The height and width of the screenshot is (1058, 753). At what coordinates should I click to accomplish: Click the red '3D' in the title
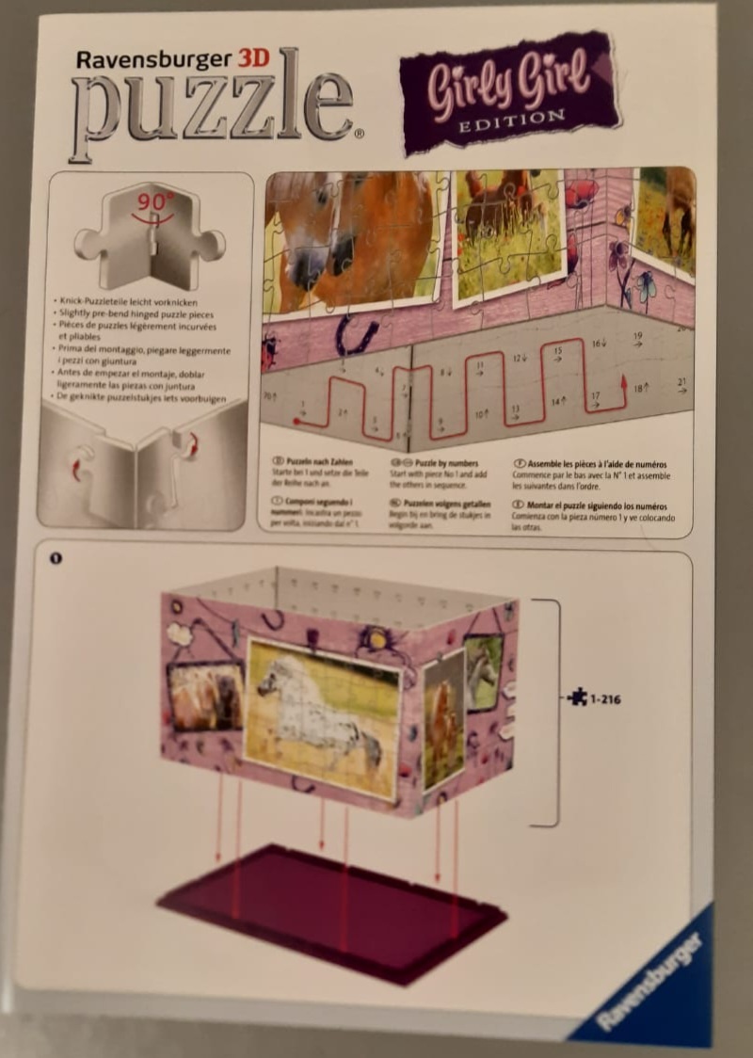click(252, 58)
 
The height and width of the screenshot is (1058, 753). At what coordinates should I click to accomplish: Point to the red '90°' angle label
click(151, 201)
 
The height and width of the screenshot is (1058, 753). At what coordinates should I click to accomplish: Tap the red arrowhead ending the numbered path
click(622, 380)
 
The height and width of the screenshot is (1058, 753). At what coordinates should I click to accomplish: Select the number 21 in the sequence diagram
click(681, 382)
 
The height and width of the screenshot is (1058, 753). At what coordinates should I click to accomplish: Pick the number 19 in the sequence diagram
click(637, 337)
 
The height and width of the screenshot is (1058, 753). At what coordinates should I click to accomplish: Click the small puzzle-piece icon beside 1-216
click(576, 697)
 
